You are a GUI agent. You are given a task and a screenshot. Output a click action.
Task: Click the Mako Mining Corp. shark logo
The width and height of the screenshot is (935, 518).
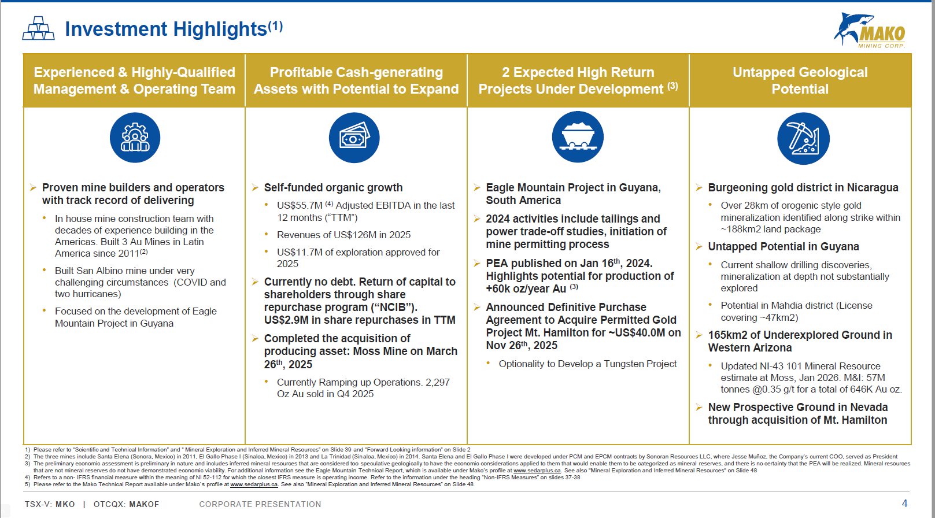click(x=870, y=30)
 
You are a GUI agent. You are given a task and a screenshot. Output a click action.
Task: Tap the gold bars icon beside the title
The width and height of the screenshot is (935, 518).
click(x=38, y=28)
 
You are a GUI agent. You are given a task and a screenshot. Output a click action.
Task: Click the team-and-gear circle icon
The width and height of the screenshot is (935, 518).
click(x=135, y=138)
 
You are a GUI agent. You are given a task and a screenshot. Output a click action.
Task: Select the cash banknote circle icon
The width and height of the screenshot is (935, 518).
click(x=354, y=138)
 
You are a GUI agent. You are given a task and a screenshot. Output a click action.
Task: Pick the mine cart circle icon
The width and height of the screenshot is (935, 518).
click(x=578, y=136)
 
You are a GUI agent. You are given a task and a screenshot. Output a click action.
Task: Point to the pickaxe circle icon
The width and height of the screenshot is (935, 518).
click(x=803, y=138)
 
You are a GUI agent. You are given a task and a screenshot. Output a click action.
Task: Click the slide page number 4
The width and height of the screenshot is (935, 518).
click(x=904, y=504)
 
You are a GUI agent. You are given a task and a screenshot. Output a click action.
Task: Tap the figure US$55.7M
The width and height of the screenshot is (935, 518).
click(x=300, y=205)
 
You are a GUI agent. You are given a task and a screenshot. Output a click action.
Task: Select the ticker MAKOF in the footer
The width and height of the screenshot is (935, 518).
click(x=144, y=504)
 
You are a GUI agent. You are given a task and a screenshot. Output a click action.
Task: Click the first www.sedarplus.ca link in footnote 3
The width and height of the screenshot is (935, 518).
click(x=537, y=471)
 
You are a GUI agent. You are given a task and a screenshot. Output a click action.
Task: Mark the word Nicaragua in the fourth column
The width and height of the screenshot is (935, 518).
click(x=873, y=188)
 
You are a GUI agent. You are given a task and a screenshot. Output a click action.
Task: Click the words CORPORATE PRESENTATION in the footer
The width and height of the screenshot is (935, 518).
click(x=260, y=504)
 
